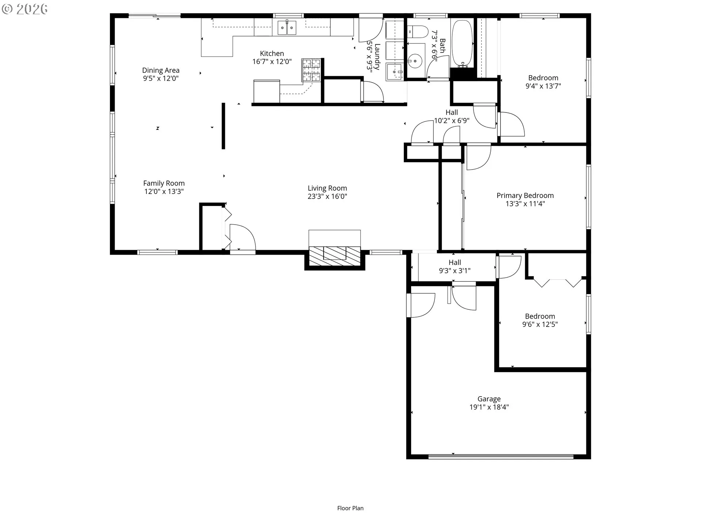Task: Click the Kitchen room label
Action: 272,53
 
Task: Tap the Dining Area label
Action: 161,70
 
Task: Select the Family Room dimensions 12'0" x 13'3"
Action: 164,191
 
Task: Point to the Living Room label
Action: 327,188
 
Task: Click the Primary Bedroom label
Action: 525,195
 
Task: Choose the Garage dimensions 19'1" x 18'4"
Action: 489,407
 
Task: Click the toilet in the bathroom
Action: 418,32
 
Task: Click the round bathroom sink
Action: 415,61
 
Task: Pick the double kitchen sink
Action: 287,28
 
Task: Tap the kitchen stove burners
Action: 311,70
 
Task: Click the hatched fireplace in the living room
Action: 334,256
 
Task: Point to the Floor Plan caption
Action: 350,508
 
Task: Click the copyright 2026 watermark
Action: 24,9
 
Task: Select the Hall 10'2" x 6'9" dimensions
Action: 452,121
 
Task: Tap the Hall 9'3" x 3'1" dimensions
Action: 455,271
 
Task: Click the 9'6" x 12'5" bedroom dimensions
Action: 540,324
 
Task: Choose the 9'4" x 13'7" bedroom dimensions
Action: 543,86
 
